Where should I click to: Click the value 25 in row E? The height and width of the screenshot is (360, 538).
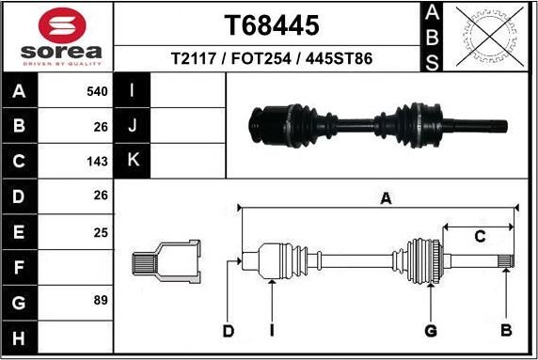pyautogui.click(x=101, y=231)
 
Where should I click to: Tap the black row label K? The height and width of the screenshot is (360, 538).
pyautogui.click(x=133, y=161)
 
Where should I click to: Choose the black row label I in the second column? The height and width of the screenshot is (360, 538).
pyautogui.click(x=133, y=91)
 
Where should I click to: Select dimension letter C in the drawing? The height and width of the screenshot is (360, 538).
pyautogui.click(x=480, y=236)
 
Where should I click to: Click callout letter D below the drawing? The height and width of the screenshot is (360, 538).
pyautogui.click(x=228, y=330)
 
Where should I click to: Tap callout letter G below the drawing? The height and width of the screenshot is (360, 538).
pyautogui.click(x=430, y=330)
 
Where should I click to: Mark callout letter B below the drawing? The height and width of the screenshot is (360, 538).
pyautogui.click(x=506, y=330)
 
